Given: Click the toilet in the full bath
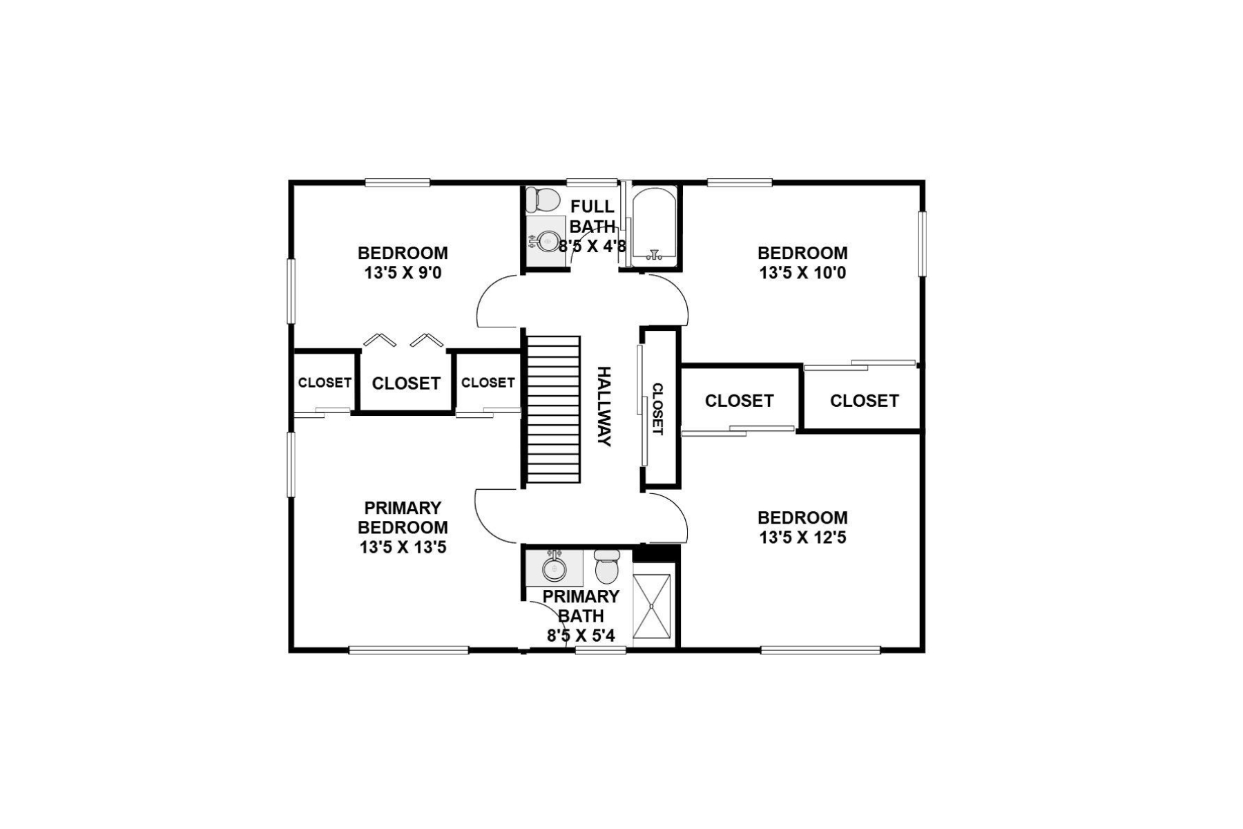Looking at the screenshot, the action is pos(542,200).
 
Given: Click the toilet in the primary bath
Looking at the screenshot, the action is pos(607,567).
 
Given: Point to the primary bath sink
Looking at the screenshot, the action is pos(554,569).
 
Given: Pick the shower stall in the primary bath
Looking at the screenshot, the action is pos(652,605).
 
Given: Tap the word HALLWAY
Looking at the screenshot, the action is pos(604,407).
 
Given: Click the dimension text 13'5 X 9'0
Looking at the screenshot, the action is pos(403,273).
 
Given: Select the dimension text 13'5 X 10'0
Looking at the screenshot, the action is pos(802,273).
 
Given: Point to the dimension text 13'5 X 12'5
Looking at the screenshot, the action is pos(802,537).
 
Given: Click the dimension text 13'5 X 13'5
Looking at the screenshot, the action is pos(403,548).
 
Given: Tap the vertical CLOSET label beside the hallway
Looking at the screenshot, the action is pos(657,409).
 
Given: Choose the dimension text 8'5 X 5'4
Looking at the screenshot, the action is pos(581,636).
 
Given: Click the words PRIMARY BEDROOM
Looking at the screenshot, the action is pos(403,518).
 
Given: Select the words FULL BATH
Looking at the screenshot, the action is pos(592,216).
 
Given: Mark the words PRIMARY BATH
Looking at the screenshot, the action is pos(581,606).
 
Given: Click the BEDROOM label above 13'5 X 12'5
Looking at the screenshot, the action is pos(802,518).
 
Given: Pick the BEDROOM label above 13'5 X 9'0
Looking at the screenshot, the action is pos(403,253).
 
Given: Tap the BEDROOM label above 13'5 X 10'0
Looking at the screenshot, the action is pos(802,253).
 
